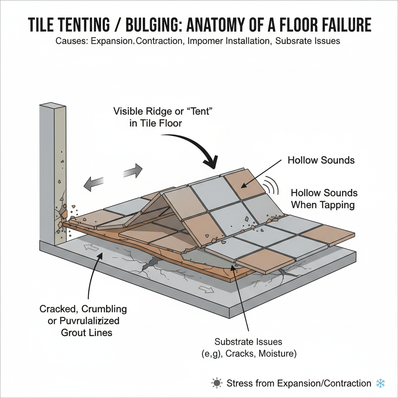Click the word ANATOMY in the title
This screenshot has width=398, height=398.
point(225,24)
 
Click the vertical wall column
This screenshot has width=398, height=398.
point(52,171)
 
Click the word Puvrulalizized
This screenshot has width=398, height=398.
point(90,321)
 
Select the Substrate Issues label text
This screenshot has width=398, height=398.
point(248,342)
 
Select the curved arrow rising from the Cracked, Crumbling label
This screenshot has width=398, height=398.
point(91,280)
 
